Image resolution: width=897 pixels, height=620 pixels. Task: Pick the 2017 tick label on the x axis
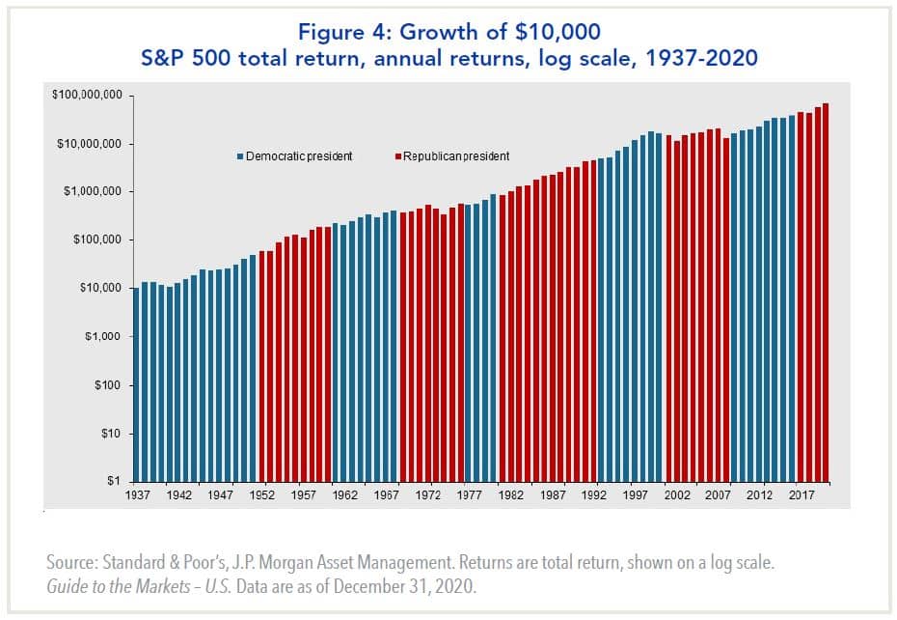(801, 494)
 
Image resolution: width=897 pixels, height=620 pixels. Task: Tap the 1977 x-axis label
(470, 494)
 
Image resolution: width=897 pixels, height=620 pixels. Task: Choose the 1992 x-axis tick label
(594, 494)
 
